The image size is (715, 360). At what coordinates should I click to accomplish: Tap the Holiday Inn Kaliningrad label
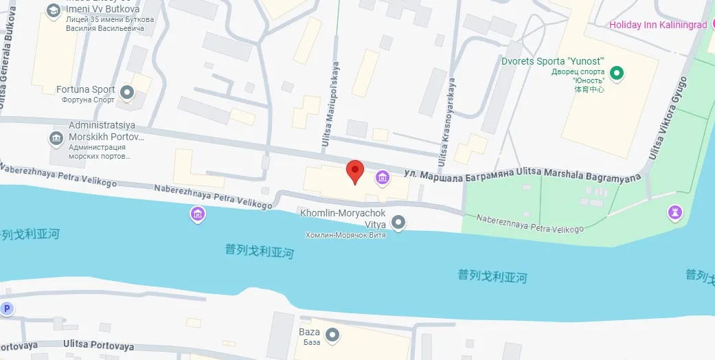(658, 25)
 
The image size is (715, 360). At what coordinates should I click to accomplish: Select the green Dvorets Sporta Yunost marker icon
(617, 72)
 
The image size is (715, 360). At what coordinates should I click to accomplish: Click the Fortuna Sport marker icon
(126, 91)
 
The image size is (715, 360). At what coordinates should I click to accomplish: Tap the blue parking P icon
(7, 308)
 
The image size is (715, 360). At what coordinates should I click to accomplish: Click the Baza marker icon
(332, 335)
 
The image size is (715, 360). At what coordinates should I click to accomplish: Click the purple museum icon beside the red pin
(382, 179)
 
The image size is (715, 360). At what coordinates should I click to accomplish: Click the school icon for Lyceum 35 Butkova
(53, 10)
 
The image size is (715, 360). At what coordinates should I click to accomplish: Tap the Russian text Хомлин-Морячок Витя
(345, 235)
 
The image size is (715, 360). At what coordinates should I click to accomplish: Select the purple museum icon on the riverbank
(198, 214)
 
